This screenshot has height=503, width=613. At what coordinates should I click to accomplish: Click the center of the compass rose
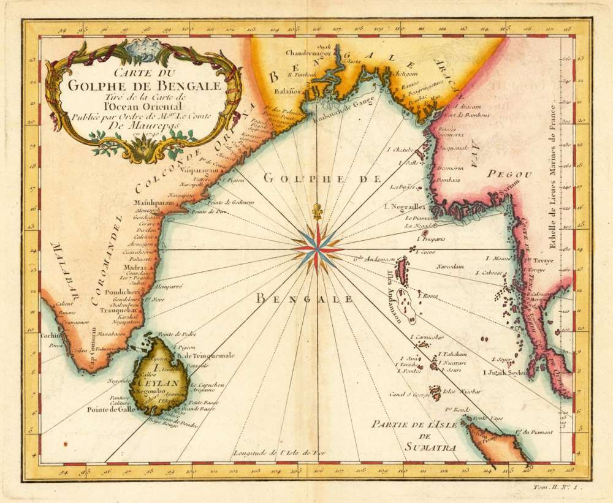coord(317,249)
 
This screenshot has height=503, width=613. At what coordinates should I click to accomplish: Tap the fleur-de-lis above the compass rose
coord(317,210)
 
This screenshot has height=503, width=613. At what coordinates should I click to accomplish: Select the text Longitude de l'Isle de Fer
coord(274,453)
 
